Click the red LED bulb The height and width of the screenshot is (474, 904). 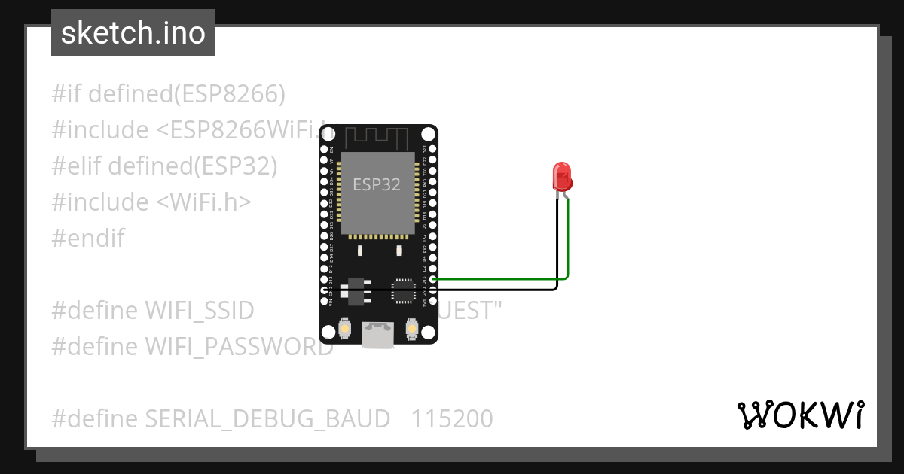pos(562,176)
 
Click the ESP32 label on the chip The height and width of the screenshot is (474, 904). pos(377,184)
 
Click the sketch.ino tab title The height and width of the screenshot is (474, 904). pos(133,33)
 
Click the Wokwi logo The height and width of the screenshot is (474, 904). pos(800,415)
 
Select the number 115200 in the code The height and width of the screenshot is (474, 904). pos(452,418)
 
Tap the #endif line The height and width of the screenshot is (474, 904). pos(88,239)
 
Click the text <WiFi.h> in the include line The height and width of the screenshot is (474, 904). pos(204,202)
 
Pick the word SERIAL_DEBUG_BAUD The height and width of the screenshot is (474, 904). pos(267,418)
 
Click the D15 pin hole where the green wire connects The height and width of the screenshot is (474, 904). pos(432,278)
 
